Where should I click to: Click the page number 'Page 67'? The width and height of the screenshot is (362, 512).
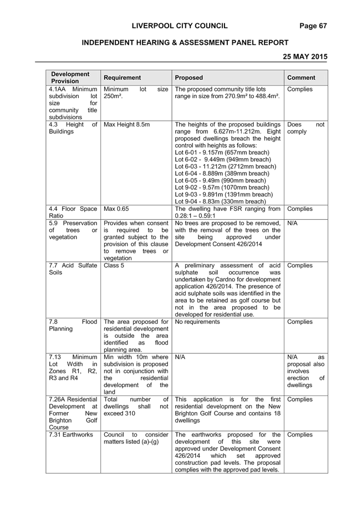point(313,26)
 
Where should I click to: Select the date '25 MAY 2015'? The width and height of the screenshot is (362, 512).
point(305,57)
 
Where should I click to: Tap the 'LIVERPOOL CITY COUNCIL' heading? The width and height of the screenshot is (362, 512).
point(180,26)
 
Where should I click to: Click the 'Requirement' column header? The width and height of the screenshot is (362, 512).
point(122,78)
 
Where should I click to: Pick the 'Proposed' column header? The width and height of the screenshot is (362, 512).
point(188,78)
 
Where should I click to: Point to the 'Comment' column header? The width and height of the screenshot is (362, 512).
point(301,78)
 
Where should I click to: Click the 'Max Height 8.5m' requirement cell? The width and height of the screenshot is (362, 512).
point(126,124)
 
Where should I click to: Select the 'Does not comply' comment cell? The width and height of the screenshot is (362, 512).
point(306,128)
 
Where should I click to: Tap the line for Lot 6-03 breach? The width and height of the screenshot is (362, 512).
point(225,166)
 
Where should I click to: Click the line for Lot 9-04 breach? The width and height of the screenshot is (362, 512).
point(220,201)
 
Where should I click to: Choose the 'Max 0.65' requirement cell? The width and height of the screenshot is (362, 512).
point(116,209)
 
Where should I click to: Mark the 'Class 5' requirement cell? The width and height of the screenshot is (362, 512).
point(114,266)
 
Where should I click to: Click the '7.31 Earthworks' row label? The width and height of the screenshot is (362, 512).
point(71,434)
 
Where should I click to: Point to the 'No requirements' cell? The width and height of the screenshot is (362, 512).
point(197,322)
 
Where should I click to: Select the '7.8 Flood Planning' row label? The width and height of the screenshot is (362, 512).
point(73,325)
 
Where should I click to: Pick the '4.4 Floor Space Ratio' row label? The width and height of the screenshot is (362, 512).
point(73,212)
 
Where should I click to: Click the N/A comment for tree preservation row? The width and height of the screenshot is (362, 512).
point(293,224)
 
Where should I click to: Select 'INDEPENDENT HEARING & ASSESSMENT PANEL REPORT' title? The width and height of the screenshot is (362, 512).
point(185,43)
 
